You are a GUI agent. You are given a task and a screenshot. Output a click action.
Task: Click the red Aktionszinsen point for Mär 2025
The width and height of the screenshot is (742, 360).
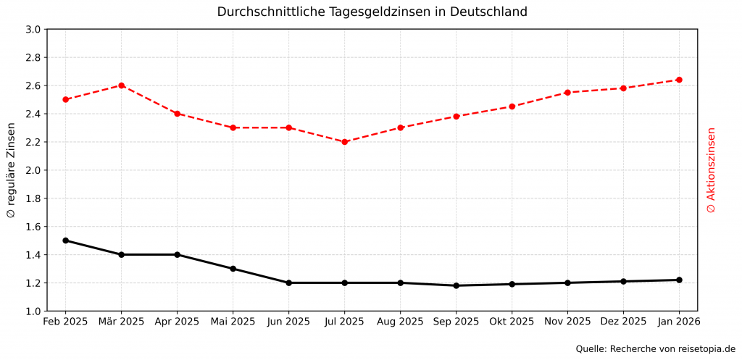121,85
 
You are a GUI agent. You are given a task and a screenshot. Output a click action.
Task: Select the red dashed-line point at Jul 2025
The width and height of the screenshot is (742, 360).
345,142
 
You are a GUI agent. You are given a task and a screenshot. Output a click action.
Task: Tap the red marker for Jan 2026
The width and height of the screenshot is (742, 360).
679,80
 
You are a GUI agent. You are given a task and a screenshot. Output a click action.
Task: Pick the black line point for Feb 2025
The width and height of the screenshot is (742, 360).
65,240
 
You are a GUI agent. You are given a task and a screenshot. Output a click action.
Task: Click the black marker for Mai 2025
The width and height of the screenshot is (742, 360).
233,269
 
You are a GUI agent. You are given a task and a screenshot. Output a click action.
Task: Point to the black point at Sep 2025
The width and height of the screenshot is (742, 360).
456,285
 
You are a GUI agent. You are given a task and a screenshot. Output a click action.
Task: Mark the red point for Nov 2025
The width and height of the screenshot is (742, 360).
567,93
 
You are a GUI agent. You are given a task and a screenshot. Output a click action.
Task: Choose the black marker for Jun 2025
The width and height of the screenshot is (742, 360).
288,282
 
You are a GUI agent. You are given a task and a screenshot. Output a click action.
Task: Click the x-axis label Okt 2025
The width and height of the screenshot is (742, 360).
512,321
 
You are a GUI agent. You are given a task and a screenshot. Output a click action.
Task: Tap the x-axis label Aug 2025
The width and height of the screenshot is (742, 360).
400,321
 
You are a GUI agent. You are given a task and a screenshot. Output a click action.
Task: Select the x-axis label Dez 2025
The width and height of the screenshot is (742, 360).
623,321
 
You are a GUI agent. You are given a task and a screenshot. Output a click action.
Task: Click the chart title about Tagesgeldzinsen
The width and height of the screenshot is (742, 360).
372,12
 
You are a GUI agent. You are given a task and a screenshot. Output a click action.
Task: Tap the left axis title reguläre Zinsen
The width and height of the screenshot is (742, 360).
11,171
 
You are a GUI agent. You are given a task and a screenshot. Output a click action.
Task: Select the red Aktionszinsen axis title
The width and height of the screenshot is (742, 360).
711,171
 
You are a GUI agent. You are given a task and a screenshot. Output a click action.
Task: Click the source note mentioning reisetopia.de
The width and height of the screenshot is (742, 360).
655,349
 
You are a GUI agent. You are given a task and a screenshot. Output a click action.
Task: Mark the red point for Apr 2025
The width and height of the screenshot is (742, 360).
177,114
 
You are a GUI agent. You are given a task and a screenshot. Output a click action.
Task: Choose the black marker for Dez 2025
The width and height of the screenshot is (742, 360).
623,281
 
